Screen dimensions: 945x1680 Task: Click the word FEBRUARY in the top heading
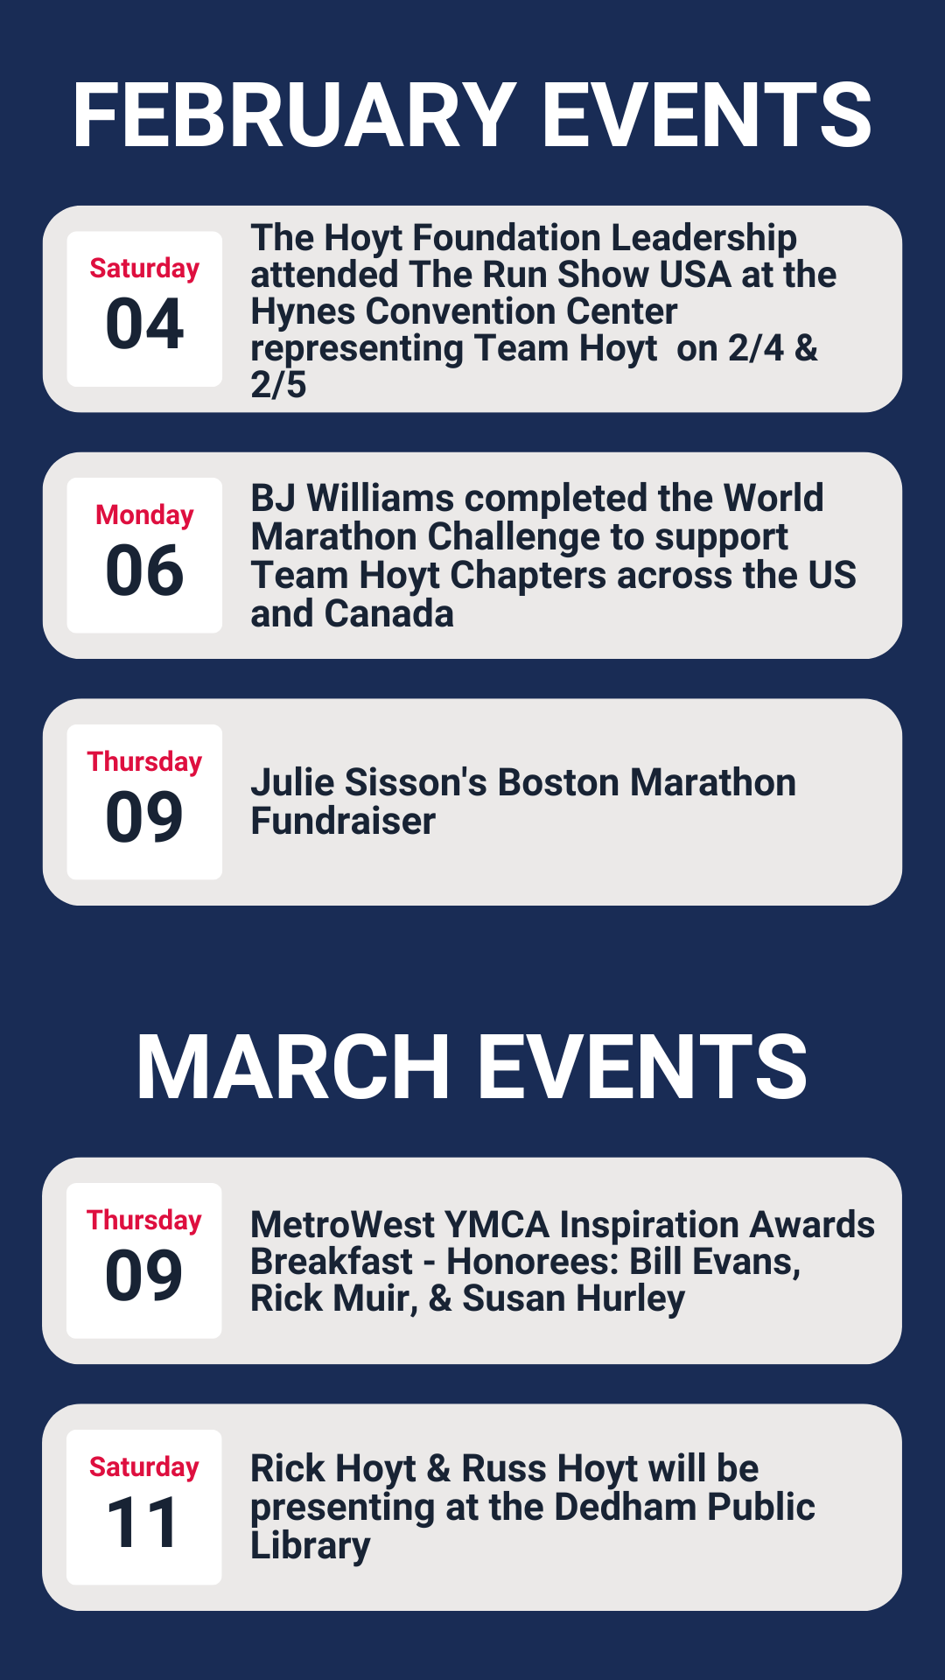294,115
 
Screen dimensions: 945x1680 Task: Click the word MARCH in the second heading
293,1067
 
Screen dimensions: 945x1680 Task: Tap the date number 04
144,324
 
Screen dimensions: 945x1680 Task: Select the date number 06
144,570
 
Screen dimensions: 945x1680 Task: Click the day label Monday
144,515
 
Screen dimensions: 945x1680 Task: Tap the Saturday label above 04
144,269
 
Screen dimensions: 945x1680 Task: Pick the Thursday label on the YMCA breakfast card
144,1221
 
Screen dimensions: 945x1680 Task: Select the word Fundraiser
343,821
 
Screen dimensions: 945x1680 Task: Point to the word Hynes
303,312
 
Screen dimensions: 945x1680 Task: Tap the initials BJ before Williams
273,498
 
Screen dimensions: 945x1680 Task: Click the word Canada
389,613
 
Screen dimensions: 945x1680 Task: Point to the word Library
311,1546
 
